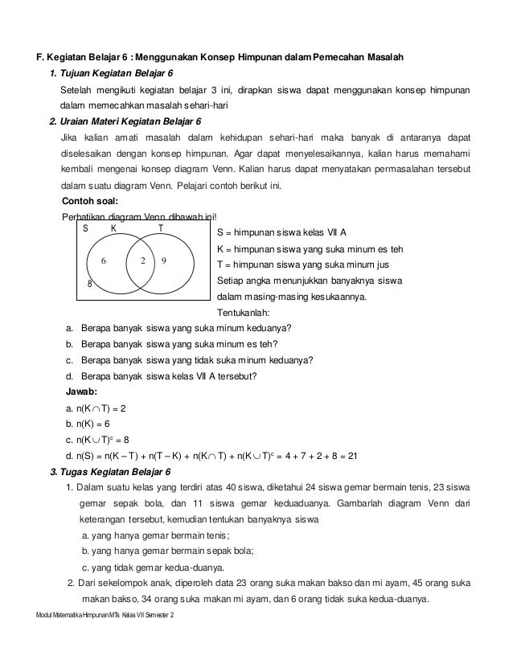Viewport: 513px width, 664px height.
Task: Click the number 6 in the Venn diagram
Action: pos(104,261)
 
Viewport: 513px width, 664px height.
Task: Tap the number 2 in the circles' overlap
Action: pos(142,261)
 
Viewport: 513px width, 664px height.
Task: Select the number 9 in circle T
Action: pos(163,261)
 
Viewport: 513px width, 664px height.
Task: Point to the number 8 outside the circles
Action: pos(89,284)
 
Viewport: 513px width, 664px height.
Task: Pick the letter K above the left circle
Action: pos(113,227)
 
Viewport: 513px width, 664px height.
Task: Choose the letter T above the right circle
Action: pos(160,227)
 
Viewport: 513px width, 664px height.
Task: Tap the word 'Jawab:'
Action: pos(80,391)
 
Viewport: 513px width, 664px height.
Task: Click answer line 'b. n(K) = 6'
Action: pos(88,424)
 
